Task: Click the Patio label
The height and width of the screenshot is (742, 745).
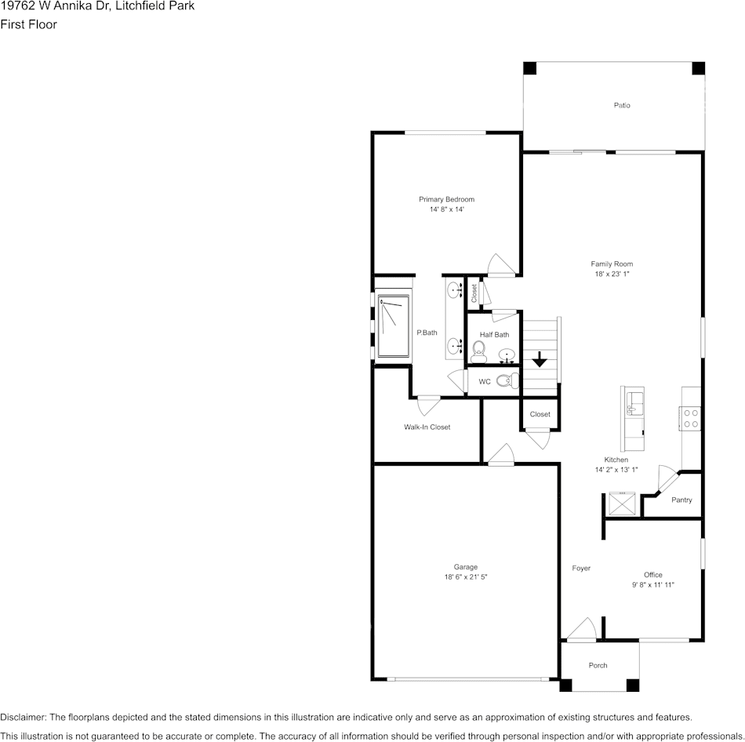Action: (x=621, y=105)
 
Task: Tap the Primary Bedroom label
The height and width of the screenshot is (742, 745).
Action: (x=446, y=199)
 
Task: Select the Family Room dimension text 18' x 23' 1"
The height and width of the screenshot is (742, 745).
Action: (x=612, y=274)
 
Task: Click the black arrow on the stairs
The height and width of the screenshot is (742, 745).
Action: (x=540, y=359)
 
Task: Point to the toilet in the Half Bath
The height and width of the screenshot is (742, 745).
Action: (x=478, y=351)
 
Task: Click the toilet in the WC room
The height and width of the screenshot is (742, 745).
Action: (x=507, y=380)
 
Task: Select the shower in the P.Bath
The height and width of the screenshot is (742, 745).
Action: (x=393, y=326)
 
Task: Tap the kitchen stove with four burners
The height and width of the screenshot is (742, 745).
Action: (x=690, y=418)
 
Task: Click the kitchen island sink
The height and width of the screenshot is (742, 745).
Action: (x=634, y=404)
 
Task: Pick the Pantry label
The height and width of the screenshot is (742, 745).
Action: (x=681, y=500)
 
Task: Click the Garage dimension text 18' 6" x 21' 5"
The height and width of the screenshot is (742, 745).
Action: (x=466, y=577)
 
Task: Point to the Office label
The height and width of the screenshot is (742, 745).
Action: (x=652, y=575)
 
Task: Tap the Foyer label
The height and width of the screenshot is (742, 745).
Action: (x=581, y=568)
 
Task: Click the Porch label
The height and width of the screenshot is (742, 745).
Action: (x=598, y=665)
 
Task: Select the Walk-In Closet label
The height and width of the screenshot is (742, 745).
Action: (x=427, y=427)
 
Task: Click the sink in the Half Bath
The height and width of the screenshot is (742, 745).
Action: (x=507, y=355)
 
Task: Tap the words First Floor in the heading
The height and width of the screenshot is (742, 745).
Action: (x=28, y=24)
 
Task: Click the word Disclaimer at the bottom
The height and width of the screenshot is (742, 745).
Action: (x=23, y=717)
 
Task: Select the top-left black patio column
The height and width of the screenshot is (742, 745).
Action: (x=530, y=68)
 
